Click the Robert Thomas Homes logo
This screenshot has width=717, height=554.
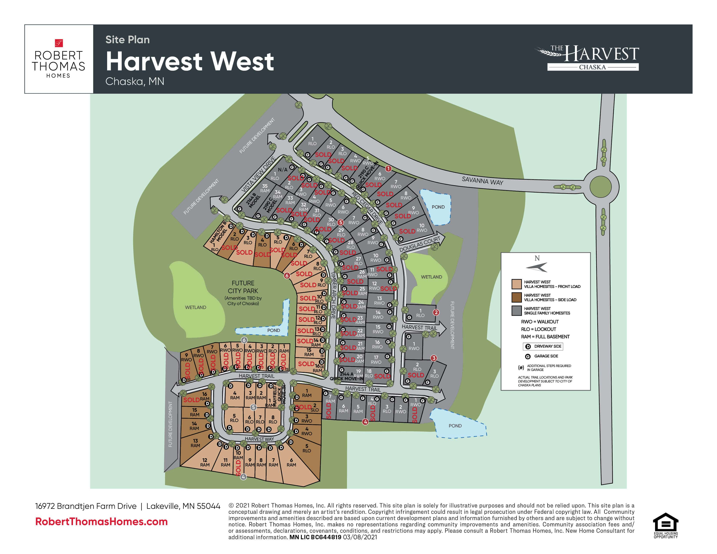click(58, 59)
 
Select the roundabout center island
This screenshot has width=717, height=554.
click(601, 187)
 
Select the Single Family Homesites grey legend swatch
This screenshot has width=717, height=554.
click(517, 310)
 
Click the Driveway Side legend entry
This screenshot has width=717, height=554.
click(543, 346)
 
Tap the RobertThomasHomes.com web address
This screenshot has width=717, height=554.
click(101, 521)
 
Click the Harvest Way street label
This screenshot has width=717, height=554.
click(259, 439)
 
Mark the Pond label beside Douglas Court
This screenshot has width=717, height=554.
click(438, 207)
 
